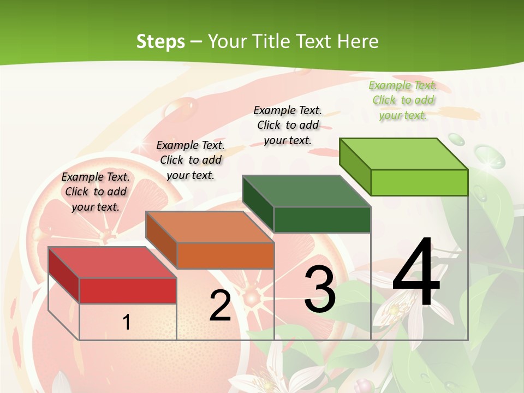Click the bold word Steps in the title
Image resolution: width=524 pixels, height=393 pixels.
[x=160, y=41]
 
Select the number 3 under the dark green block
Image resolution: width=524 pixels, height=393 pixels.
[x=320, y=289]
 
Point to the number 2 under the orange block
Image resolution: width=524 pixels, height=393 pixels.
[x=220, y=305]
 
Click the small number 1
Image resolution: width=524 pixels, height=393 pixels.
[x=127, y=322]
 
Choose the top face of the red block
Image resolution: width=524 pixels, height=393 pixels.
[x=112, y=263]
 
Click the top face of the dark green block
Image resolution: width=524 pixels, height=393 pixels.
[x=306, y=192]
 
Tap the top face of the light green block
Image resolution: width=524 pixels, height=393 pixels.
[x=403, y=154]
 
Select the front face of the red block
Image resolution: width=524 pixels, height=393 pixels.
[x=128, y=291]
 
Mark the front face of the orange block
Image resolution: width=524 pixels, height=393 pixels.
[x=225, y=255]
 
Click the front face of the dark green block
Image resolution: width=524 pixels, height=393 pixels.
[x=322, y=220]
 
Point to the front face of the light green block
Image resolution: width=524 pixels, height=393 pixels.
[x=419, y=182]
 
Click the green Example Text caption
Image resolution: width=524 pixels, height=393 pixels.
[x=403, y=100]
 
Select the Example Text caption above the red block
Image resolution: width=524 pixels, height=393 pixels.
[x=96, y=192]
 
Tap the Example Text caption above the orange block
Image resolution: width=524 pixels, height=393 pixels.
[x=190, y=160]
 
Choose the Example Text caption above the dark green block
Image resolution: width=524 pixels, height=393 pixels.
[x=288, y=125]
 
